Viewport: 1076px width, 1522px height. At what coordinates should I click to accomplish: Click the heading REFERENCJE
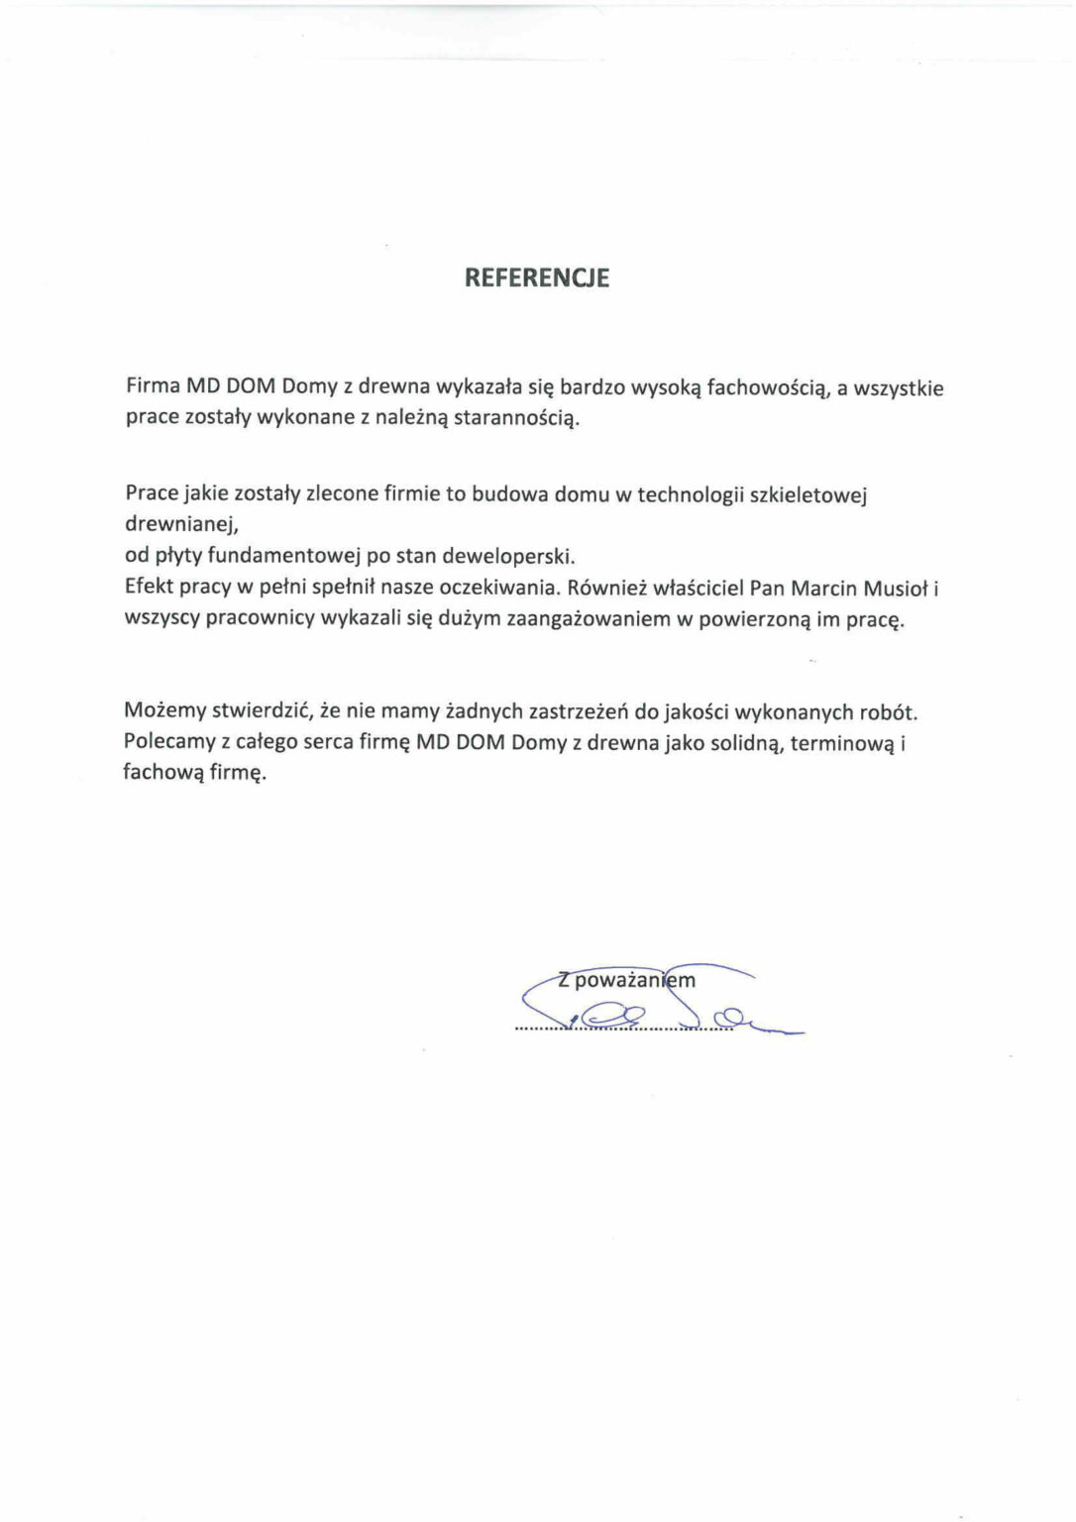537,278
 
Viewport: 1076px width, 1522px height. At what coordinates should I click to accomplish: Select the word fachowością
767,388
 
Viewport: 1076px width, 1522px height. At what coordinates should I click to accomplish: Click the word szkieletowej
809,493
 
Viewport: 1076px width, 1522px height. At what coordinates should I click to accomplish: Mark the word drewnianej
181,524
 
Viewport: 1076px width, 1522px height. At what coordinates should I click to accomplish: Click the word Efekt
150,587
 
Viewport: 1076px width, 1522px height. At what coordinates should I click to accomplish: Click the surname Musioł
896,588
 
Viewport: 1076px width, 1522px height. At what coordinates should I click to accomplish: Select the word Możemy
164,710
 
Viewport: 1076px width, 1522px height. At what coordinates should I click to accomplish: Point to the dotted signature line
624,1029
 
